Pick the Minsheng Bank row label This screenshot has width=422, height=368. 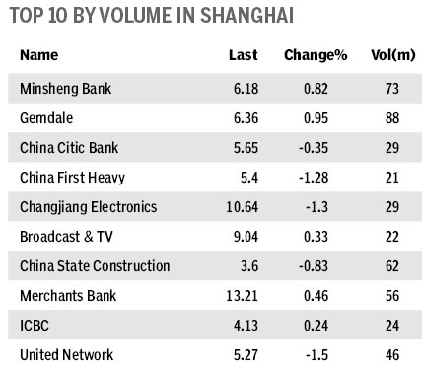pyautogui.click(x=65, y=89)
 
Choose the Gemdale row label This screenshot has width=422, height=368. pyautogui.click(x=46, y=118)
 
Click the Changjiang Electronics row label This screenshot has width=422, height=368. pyautogui.click(x=89, y=207)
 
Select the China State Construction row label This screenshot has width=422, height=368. pyautogui.click(x=95, y=266)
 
